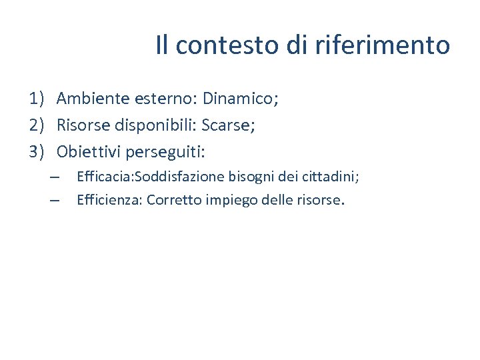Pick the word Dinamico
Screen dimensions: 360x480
point(238,99)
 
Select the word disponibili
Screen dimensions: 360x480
point(167,125)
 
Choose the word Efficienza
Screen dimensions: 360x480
point(109,199)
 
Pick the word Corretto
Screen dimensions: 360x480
point(173,199)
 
